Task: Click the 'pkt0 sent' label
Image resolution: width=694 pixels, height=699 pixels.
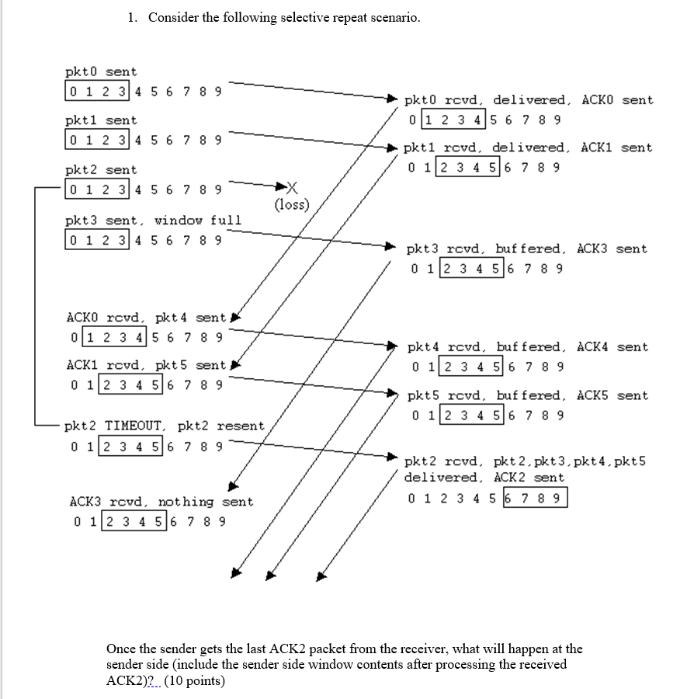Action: click(101, 72)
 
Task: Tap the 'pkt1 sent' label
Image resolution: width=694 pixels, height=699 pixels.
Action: click(101, 121)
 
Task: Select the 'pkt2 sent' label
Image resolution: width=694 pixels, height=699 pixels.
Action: click(101, 170)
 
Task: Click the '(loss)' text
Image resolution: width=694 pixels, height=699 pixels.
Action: click(291, 205)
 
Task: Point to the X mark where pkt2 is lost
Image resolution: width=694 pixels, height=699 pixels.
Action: click(292, 187)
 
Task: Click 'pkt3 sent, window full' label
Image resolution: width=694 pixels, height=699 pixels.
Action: click(153, 221)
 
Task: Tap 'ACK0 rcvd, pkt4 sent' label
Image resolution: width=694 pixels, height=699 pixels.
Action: click(146, 318)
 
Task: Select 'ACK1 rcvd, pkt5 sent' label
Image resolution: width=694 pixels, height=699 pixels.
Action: click(146, 365)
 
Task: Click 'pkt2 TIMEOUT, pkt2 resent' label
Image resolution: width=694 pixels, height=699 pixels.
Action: click(165, 426)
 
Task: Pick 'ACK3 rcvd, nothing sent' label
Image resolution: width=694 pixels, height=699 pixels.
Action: click(161, 503)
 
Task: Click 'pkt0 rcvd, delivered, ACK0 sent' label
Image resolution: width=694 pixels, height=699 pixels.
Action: click(529, 100)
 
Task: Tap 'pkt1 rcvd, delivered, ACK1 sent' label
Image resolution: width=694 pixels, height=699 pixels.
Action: click(529, 148)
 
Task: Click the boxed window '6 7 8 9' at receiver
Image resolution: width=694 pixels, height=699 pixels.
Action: click(535, 498)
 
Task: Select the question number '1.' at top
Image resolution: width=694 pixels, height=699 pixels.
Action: click(134, 17)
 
